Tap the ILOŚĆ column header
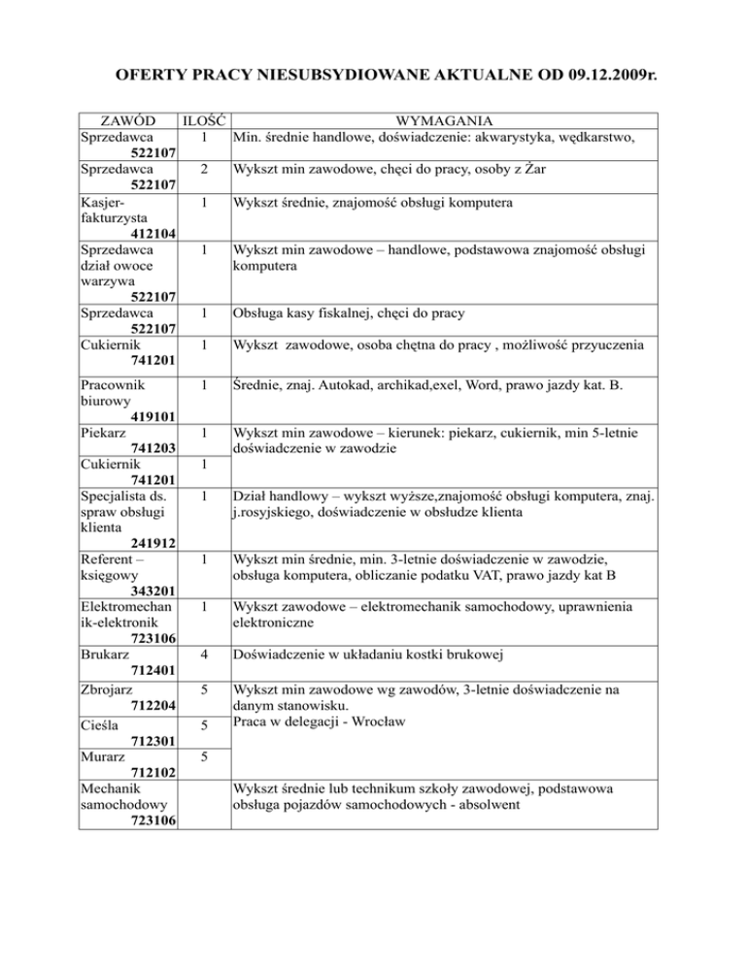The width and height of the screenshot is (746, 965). coord(203,122)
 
